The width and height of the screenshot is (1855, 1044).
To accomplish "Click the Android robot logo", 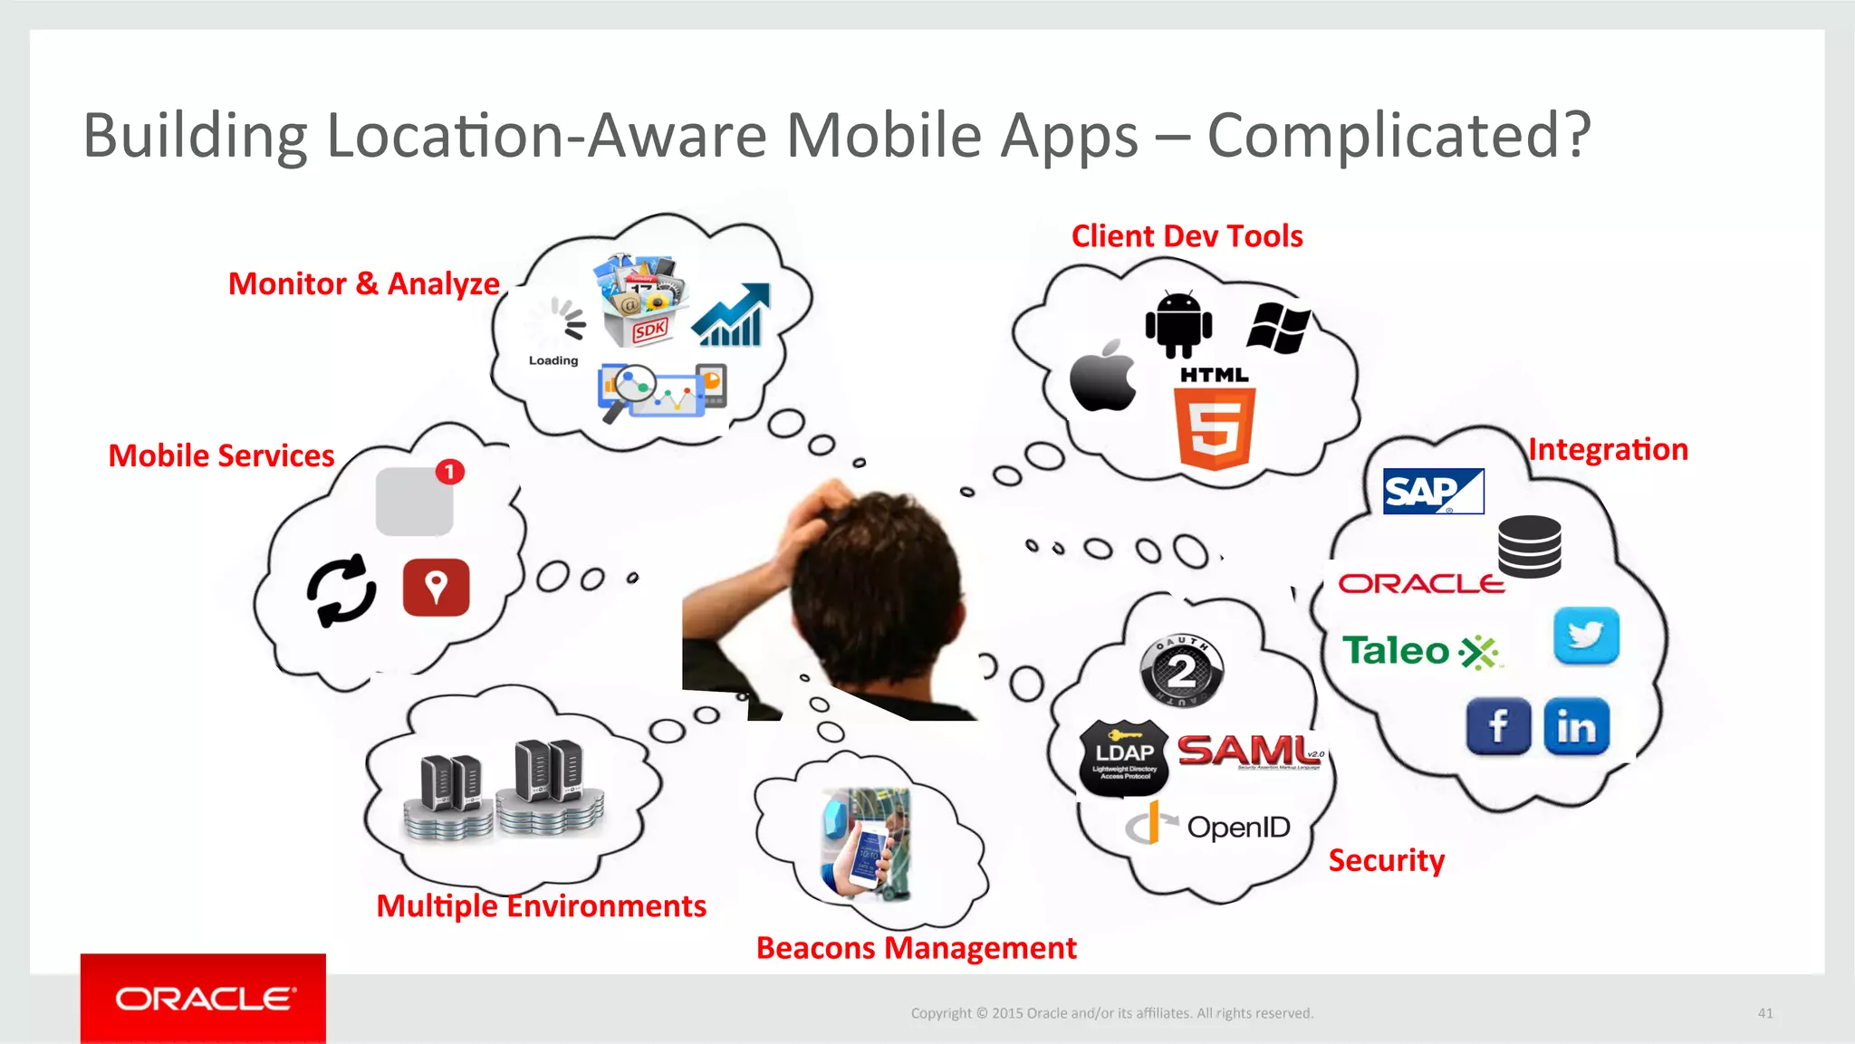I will pos(1178,324).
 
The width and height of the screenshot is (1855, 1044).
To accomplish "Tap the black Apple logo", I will pos(1102,377).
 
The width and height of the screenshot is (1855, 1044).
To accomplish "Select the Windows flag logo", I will pos(1278,327).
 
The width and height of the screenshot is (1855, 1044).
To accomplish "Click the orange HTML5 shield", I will pos(1215,428).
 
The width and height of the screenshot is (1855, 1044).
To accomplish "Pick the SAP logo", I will pos(1433,492).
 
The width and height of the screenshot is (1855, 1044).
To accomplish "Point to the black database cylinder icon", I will pos(1529,546).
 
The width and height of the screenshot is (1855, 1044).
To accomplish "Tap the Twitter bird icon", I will pos(1586,636).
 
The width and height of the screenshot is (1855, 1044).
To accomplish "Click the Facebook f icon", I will pos(1498,726).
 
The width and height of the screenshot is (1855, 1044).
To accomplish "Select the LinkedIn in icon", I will pos(1576,726).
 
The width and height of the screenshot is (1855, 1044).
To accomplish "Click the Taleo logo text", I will pos(1396,651).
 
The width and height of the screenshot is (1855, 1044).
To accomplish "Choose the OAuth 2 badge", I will pos(1181,671).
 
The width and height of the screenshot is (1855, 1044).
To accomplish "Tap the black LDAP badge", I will pos(1124,758).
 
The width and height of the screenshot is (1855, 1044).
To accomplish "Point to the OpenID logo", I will pos(1208,827).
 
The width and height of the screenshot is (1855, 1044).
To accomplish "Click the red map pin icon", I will pos(436,588).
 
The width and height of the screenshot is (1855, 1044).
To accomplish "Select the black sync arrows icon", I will pos(341,590).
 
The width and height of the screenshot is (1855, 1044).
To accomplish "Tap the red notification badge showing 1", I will pos(449,472).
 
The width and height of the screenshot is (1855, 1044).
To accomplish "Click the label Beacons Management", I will pos(916,948).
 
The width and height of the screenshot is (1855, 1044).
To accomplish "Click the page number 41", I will pos(1765,1013).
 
